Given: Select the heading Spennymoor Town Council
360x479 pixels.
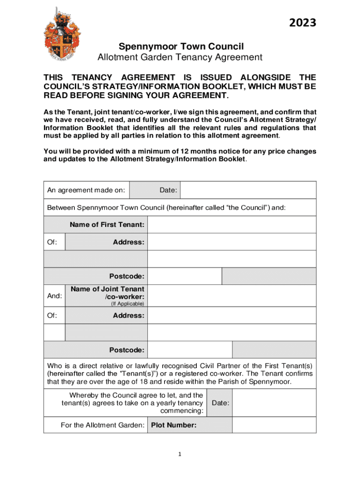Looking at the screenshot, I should click(181, 46).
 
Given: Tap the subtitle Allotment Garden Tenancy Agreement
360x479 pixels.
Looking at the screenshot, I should click(180, 58).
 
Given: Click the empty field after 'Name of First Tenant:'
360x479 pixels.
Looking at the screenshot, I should click(231, 225).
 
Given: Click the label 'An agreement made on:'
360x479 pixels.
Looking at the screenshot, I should click(86, 190).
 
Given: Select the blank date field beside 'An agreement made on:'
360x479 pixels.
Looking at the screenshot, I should click(248, 190).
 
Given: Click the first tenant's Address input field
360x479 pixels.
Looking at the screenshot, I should click(231, 242).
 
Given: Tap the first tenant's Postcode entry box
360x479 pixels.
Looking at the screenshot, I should click(184, 276).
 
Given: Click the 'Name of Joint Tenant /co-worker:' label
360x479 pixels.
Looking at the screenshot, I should click(107, 293).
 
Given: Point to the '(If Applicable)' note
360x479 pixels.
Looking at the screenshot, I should click(127, 304).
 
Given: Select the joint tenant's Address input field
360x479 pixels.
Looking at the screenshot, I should click(231, 315).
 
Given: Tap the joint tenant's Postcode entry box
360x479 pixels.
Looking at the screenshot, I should click(189, 350).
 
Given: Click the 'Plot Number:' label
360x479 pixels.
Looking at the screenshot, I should click(173, 425).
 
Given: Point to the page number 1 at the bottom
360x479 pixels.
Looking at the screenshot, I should click(180, 454).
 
